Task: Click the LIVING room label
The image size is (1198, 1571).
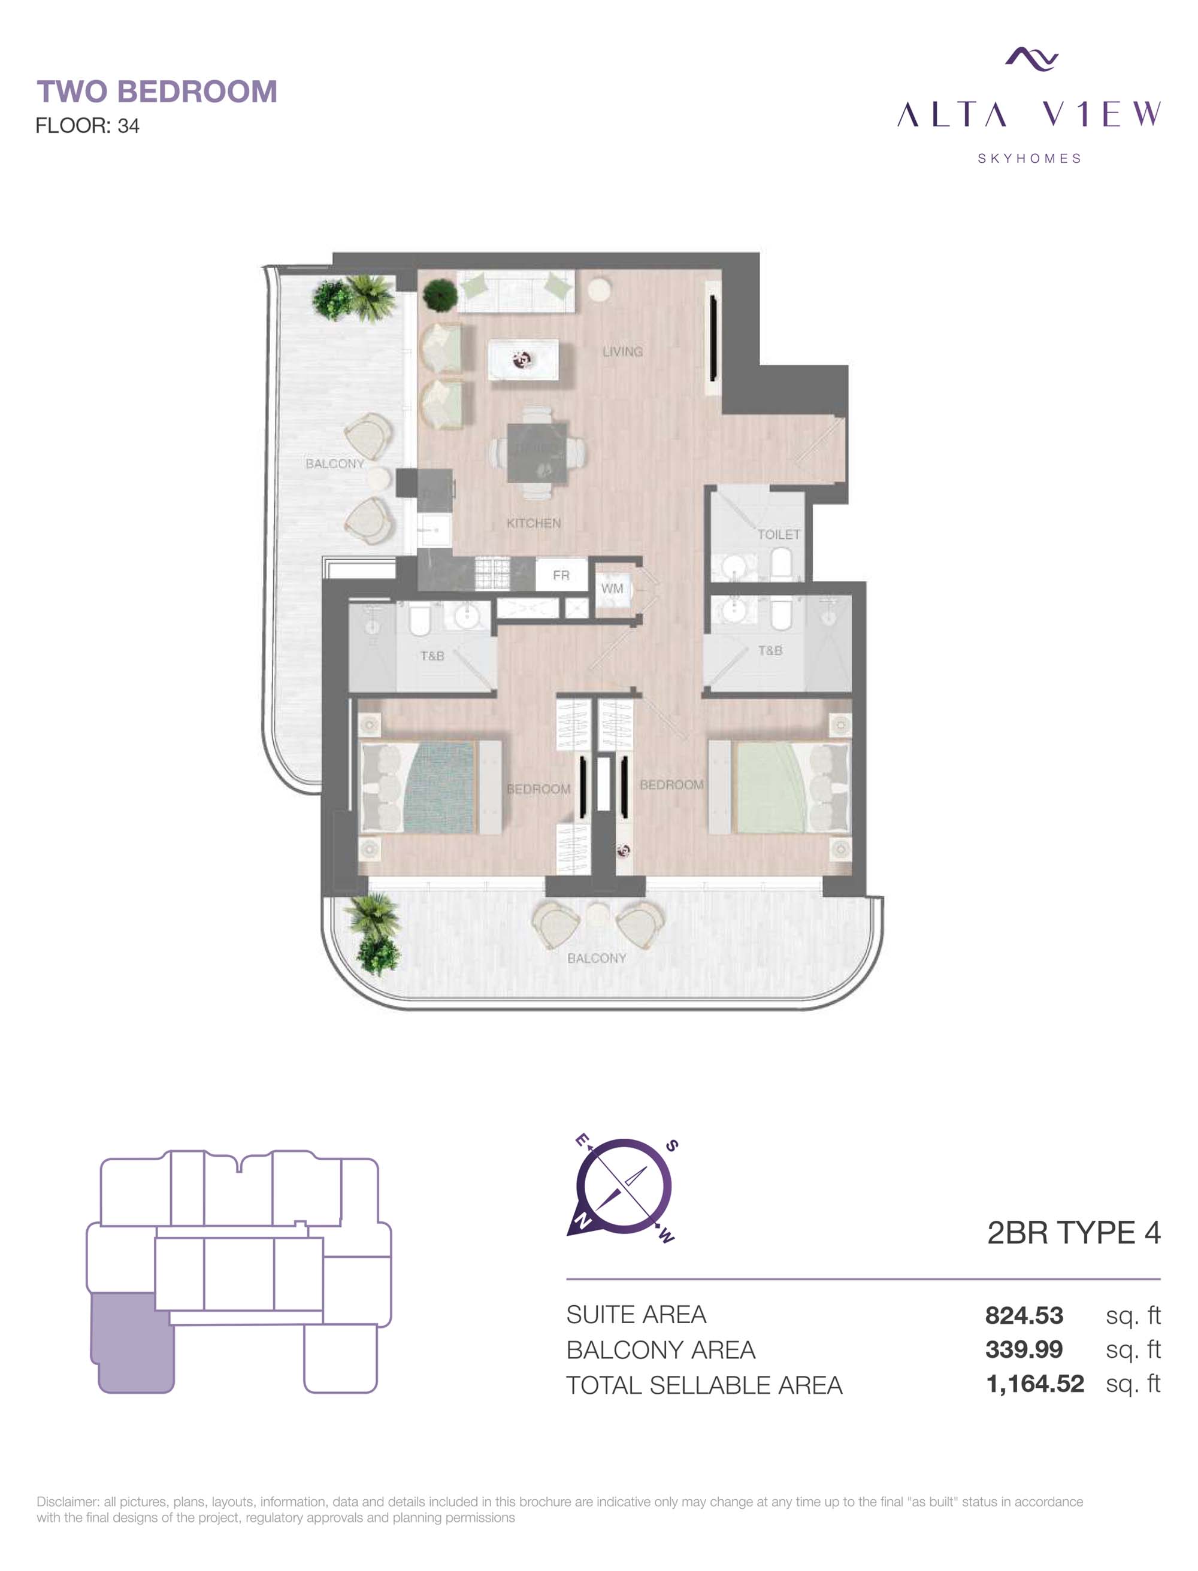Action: [622, 351]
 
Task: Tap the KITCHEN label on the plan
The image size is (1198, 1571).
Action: [533, 523]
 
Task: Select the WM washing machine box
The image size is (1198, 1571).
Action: [612, 588]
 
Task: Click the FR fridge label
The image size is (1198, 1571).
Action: [561, 575]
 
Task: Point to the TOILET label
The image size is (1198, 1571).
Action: [779, 534]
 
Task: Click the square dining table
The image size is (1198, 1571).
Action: [538, 453]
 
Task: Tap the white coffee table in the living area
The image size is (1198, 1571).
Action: [523, 360]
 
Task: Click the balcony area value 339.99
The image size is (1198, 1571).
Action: [1024, 1349]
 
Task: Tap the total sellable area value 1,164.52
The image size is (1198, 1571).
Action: [1034, 1384]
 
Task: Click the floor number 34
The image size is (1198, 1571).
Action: [128, 126]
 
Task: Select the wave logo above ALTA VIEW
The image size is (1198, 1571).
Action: [1031, 59]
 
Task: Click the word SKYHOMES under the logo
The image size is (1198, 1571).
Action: [1029, 158]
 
